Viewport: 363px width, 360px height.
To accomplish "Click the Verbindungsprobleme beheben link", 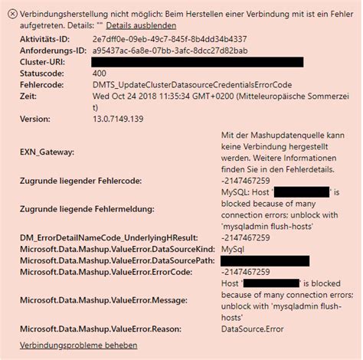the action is point(68,345).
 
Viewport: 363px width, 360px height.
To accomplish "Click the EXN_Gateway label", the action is point(47,152).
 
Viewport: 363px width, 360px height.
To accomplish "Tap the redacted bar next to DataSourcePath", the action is point(264,260).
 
